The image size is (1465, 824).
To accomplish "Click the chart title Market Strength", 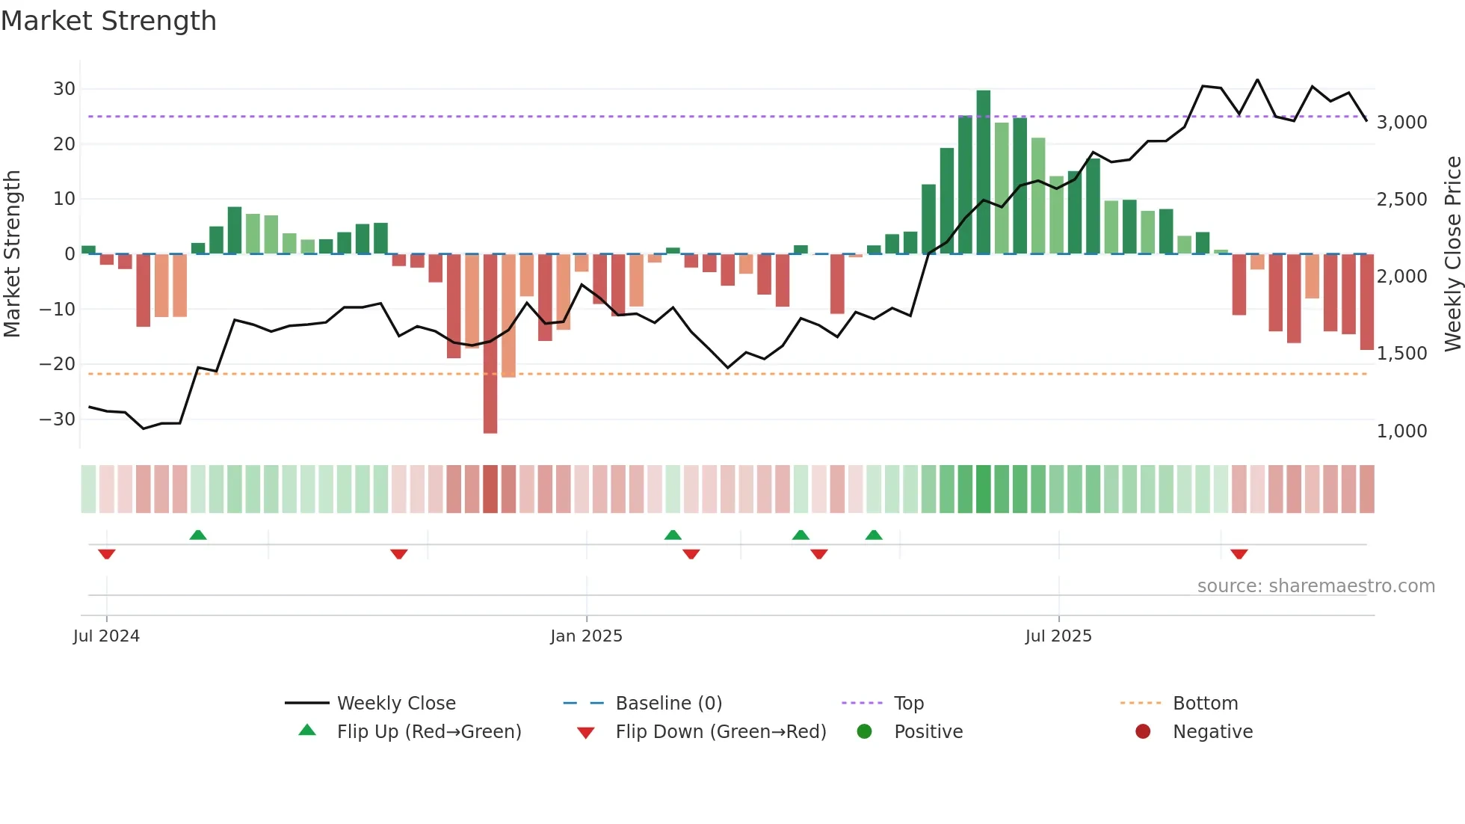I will click(109, 21).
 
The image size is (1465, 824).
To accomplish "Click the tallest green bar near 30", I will click(983, 171).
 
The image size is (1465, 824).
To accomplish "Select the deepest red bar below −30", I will click(490, 344).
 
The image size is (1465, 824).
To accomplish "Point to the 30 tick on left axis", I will click(64, 89).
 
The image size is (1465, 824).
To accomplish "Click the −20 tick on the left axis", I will click(58, 364).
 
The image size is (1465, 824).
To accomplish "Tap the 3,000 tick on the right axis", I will click(1401, 123).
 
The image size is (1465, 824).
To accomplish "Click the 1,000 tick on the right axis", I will click(1401, 431).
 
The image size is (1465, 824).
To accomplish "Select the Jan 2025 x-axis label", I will click(586, 636).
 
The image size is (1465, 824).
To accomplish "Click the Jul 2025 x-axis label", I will click(1058, 636).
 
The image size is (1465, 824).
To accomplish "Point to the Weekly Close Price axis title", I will click(1452, 253).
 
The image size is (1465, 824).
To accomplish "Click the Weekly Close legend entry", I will click(396, 704).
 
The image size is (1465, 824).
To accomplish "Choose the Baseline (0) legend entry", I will click(668, 704).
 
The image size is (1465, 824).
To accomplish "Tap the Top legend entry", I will click(909, 704).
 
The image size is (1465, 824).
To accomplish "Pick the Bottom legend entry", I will click(1205, 704).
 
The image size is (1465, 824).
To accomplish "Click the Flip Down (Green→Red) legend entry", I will click(721, 732).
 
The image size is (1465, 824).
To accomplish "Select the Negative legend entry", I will click(1212, 732).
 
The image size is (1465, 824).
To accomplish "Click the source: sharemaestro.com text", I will click(1316, 586).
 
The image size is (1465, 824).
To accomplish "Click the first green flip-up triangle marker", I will click(198, 535).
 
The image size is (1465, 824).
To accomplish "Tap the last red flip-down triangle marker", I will click(1239, 554).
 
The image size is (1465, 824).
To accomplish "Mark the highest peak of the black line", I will click(1257, 80).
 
